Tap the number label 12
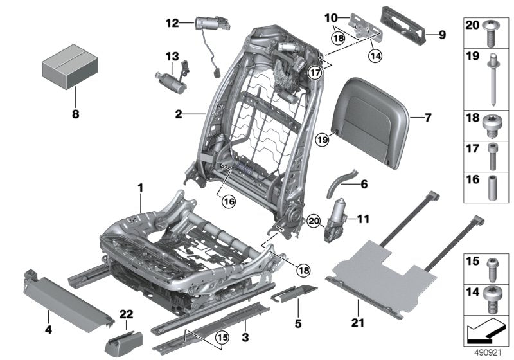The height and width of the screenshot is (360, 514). click(x=171, y=23)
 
